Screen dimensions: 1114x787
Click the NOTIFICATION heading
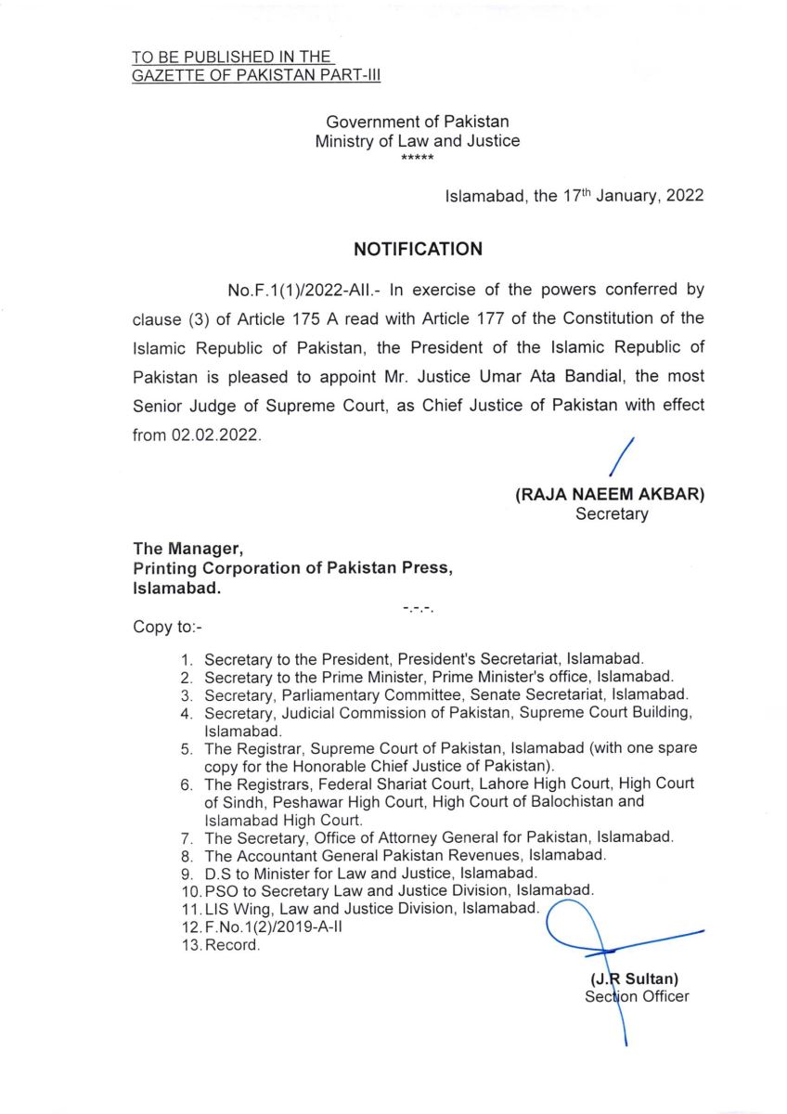(x=418, y=249)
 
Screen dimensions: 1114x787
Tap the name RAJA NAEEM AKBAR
(x=610, y=496)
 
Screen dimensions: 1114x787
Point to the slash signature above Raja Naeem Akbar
(x=620, y=458)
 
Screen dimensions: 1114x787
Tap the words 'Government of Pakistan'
(x=418, y=122)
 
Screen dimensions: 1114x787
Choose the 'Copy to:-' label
(x=161, y=627)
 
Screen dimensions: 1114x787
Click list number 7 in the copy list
(x=187, y=837)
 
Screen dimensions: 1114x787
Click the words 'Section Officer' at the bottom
(x=637, y=997)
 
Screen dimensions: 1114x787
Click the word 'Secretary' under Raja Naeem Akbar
(x=612, y=514)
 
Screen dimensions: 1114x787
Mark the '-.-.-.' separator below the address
(x=418, y=609)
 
